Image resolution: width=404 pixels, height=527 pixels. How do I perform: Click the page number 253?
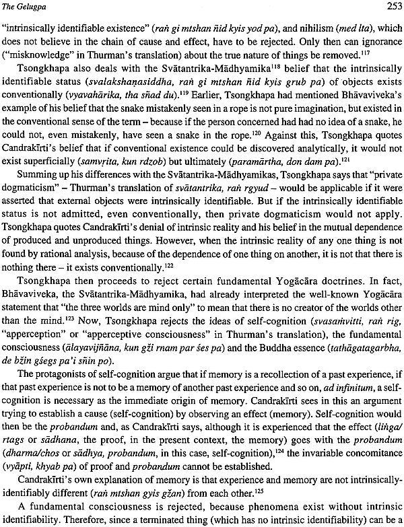(x=389, y=7)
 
